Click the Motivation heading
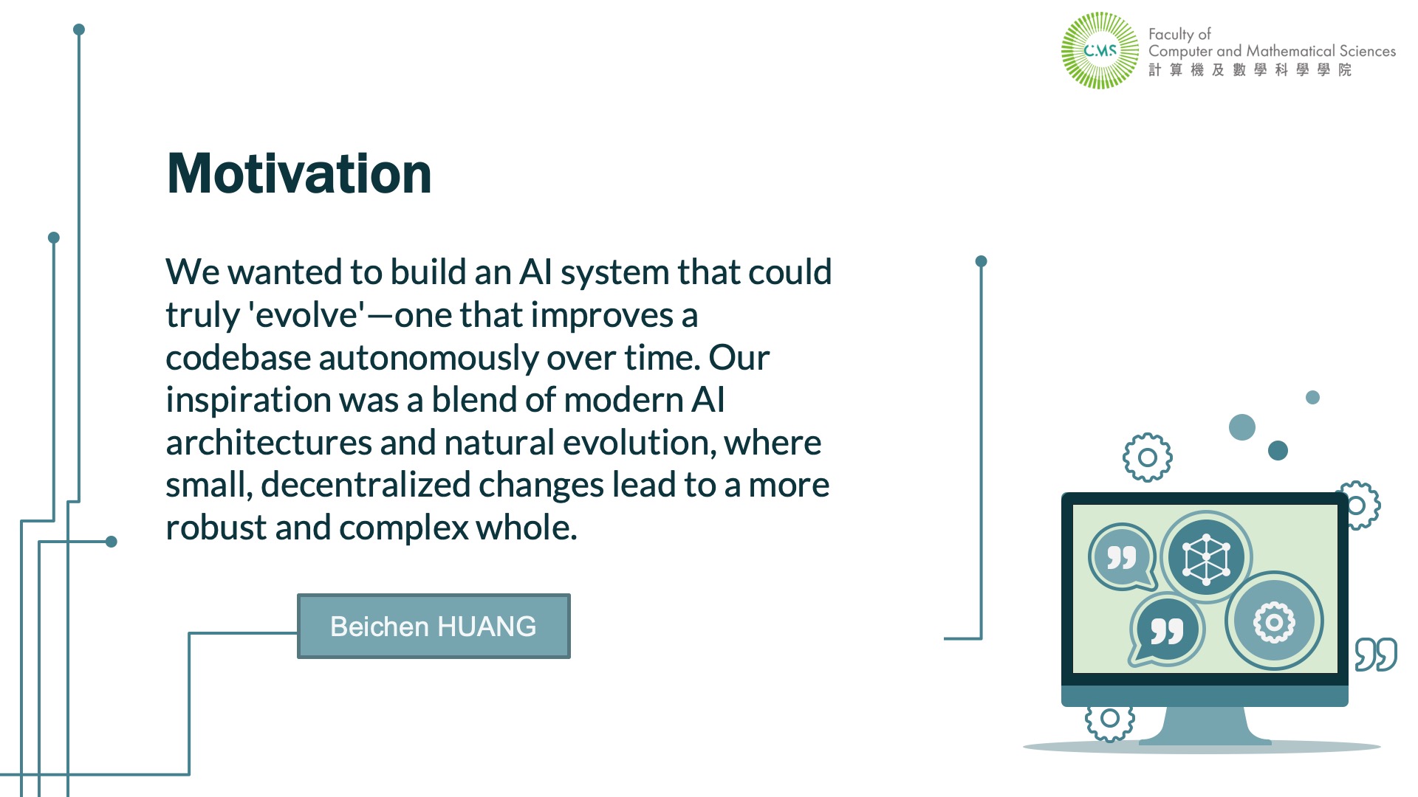(x=299, y=174)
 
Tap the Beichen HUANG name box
(x=434, y=626)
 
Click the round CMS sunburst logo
(x=1100, y=50)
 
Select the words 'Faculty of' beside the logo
(x=1179, y=34)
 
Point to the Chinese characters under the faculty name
(x=1250, y=69)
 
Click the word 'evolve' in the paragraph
(x=306, y=316)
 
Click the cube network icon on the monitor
(x=1206, y=557)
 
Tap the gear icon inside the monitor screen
(x=1274, y=621)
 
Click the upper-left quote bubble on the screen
(x=1122, y=557)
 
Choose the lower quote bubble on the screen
(x=1166, y=629)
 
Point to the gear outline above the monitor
(x=1147, y=458)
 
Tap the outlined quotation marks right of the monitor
(x=1376, y=654)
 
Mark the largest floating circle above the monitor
(x=1242, y=427)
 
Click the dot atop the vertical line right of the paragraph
(x=981, y=261)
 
